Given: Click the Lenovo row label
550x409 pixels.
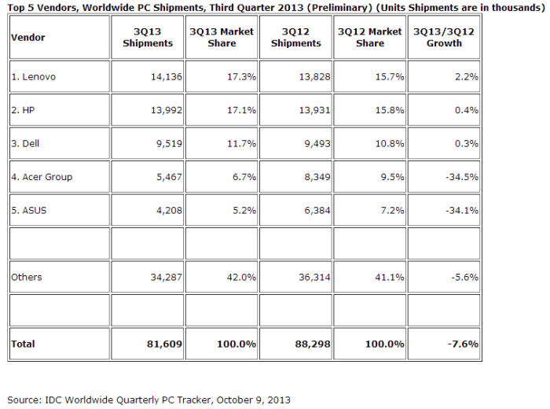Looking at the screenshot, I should pos(35,77).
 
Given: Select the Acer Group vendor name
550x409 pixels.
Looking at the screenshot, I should pos(42,177).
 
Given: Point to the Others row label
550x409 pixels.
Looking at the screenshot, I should pos(27,277).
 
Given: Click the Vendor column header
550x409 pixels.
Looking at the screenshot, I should pos(27,37).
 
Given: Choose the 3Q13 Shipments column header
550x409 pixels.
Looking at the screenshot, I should pos(148,37).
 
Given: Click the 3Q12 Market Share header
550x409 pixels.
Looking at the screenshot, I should pos(369,37).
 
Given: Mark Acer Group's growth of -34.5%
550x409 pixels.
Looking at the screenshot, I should pos(463,177).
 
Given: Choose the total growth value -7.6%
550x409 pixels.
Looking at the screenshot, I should pos(465,344).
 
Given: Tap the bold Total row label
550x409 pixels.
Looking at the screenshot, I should pos(24,344).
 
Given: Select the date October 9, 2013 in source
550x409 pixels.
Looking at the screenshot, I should pos(249,400).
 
